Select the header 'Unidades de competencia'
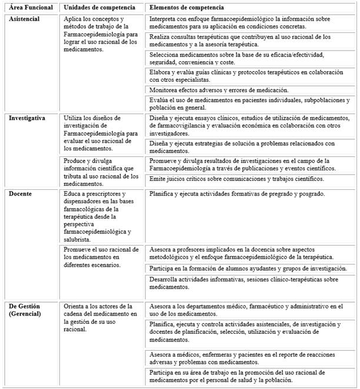click(x=99, y=7)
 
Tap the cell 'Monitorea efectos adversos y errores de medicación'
click(x=219, y=90)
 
